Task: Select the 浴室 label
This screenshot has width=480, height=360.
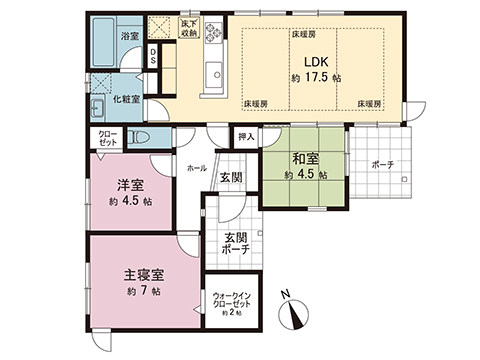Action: click(130, 37)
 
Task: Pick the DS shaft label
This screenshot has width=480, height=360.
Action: click(152, 57)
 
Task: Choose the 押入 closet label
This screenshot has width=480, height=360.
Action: click(246, 138)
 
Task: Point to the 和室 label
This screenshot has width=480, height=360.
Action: click(305, 158)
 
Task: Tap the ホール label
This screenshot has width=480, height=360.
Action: click(196, 168)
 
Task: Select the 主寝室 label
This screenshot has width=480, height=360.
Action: click(143, 272)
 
